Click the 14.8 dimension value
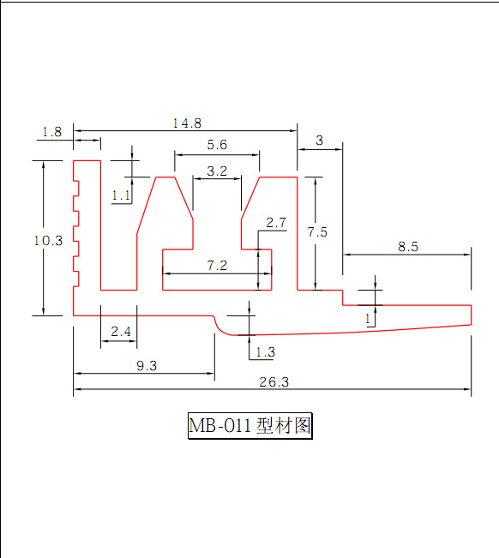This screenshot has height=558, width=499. [x=187, y=123]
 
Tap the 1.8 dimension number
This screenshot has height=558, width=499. [x=52, y=132]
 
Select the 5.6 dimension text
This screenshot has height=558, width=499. [x=217, y=145]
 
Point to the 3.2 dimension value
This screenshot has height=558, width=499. [x=217, y=171]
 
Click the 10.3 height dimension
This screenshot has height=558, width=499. [x=48, y=241]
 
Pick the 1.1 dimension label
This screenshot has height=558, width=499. [x=121, y=195]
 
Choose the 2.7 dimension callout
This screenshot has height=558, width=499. [x=276, y=223]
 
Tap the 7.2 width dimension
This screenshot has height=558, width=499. [x=217, y=266]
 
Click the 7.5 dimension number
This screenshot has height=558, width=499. [x=317, y=232]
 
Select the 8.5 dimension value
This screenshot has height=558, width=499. [x=408, y=246]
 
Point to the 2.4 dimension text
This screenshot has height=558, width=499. [x=121, y=332]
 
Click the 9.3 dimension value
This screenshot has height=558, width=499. [x=147, y=365]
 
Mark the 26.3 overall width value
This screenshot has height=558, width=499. [x=274, y=381]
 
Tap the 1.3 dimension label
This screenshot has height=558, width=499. [x=266, y=352]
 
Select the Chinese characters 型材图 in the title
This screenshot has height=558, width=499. [x=284, y=425]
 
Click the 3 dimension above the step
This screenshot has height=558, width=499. [x=319, y=141]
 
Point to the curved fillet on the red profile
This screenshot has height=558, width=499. [x=221, y=328]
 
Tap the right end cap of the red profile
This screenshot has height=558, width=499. [x=472, y=315]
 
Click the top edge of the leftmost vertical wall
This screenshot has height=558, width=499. [x=87, y=161]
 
